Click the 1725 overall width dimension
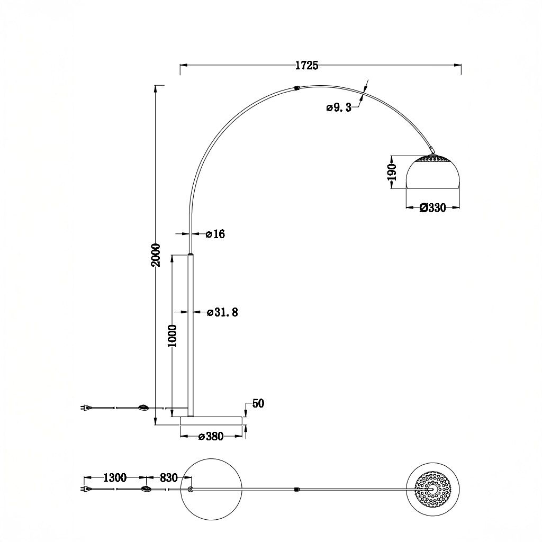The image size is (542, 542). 306,65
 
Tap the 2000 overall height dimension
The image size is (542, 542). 156,255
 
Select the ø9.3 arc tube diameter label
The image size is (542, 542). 339,108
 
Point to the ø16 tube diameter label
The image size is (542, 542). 215,234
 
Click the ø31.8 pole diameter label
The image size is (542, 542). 223,312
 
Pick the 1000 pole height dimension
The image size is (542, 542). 172,336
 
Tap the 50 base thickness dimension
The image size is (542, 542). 258,403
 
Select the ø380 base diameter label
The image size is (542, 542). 211,436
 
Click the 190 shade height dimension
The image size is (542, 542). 392,172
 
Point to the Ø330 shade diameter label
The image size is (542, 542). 433,207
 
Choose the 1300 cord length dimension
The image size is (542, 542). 115,478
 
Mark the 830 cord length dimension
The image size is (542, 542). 169,478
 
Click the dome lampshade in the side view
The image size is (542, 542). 433,172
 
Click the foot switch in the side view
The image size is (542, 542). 144,408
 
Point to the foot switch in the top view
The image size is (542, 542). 146,489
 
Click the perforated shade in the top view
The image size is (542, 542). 433,489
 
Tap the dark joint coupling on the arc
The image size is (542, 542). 296,88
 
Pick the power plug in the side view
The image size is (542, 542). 85,408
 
